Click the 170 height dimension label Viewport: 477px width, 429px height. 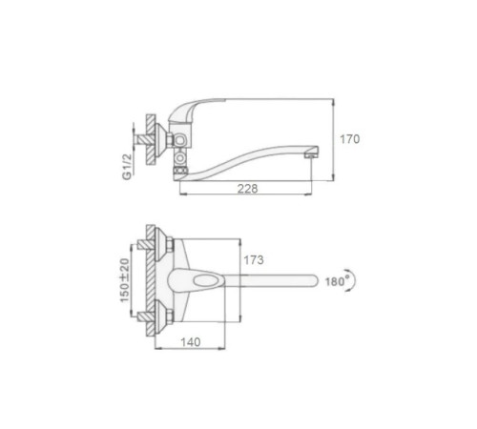[350, 139]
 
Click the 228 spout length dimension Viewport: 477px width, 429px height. [247, 189]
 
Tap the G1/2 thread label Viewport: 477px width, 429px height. [127, 167]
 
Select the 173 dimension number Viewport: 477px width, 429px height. [254, 260]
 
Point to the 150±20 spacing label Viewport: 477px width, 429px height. [125, 280]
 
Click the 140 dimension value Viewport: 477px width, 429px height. [191, 342]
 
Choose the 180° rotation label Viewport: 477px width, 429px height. [337, 281]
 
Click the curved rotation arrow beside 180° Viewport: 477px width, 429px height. [352, 280]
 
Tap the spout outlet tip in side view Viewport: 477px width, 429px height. [311, 154]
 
